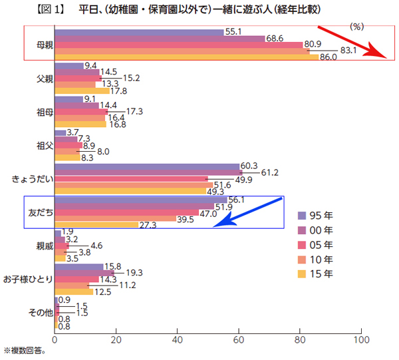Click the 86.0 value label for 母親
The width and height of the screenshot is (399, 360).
(x=329, y=57)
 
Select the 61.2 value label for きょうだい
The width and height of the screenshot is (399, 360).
(x=252, y=173)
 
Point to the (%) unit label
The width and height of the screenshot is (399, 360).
(x=358, y=27)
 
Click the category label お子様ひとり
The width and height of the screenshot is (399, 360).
(x=27, y=279)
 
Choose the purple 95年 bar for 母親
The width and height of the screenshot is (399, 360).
(x=139, y=33)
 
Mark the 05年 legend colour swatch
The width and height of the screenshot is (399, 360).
(x=302, y=244)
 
